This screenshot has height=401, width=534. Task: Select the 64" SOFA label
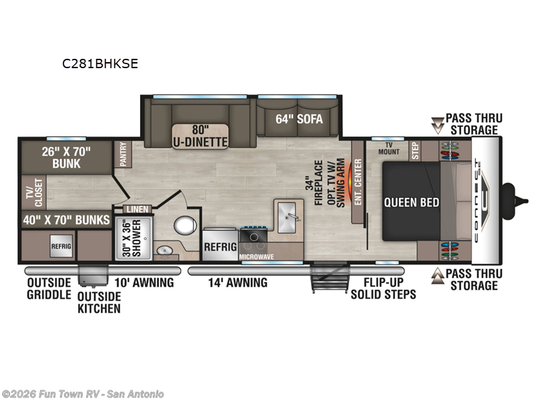(x=299, y=120)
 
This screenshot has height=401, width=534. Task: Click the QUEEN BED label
(x=411, y=202)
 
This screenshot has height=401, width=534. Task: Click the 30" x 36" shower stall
(x=133, y=235)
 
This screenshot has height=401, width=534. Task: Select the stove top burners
(x=254, y=235)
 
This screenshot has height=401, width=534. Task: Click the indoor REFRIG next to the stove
(x=220, y=246)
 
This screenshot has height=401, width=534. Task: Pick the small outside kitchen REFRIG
(x=61, y=246)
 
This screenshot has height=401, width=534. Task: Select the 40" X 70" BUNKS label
(x=65, y=220)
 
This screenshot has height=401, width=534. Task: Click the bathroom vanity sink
(x=162, y=251)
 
